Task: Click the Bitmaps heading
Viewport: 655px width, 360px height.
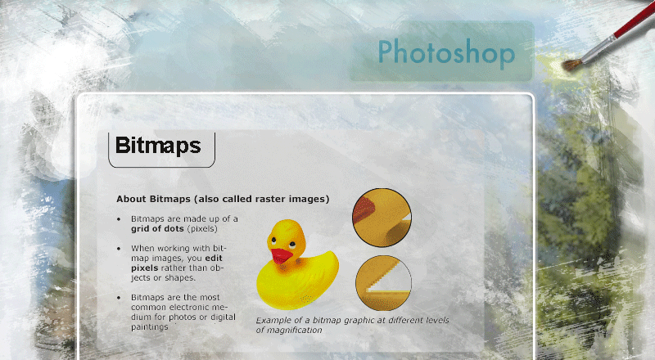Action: [x=158, y=146]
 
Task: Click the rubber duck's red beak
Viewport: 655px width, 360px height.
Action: [x=281, y=255]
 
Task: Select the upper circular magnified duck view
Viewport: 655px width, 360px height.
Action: [x=382, y=217]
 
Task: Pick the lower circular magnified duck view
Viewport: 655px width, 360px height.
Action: [x=383, y=283]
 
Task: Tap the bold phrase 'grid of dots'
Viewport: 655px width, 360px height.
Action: [x=157, y=229]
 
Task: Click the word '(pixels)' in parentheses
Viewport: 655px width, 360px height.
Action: [x=202, y=229]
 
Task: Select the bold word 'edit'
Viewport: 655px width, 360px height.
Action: [x=214, y=258]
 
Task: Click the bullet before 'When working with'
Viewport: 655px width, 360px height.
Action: [x=119, y=249]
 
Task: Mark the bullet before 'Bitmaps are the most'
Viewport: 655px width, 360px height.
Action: [x=119, y=298]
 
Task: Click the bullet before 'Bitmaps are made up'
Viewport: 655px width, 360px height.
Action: [x=119, y=219]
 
